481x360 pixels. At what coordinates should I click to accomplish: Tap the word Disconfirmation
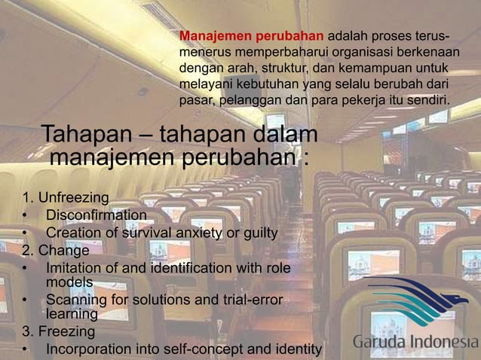(97, 216)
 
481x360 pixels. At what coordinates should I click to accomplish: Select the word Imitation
(74, 267)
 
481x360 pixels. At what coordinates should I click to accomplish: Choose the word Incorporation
(88, 349)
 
